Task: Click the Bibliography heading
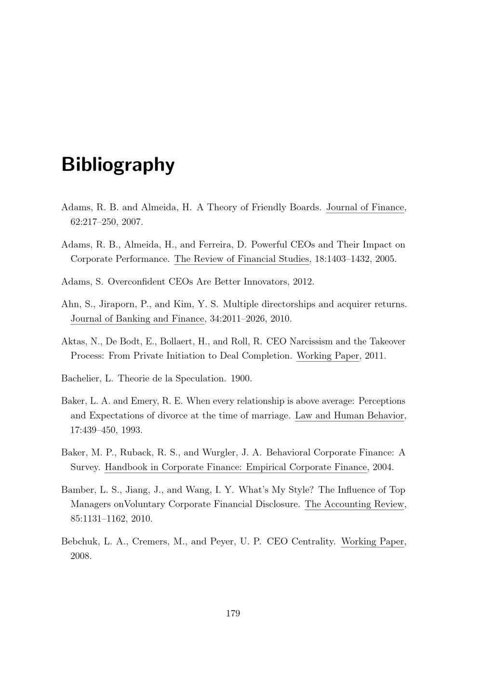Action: coord(118,164)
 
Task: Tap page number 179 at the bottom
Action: coord(233,613)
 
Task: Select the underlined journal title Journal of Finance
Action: coord(365,207)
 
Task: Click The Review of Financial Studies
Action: coord(241,259)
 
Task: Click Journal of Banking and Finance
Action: coord(138,319)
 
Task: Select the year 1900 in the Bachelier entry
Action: coord(241,379)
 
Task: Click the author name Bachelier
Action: coord(80,379)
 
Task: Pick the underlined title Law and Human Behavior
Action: coord(349,416)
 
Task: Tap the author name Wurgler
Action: coord(218,452)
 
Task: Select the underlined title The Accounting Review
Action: coord(354,505)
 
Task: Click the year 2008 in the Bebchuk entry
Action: coord(81,556)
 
